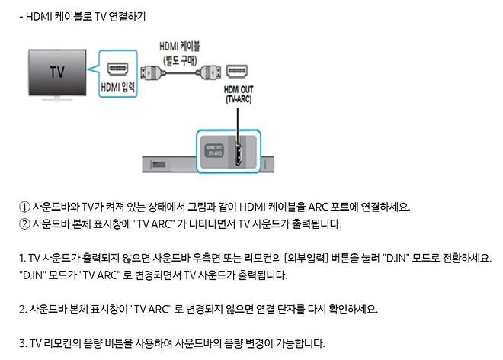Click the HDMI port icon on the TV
(x=117, y=69)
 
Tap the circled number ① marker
(x=24, y=207)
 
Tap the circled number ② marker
(x=24, y=224)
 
